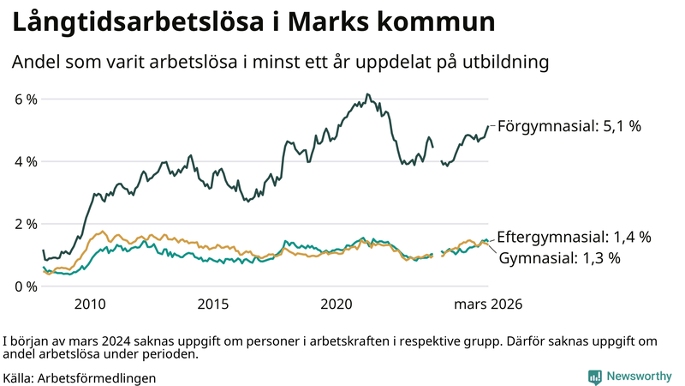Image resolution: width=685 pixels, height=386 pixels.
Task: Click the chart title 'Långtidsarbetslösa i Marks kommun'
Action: point(253,23)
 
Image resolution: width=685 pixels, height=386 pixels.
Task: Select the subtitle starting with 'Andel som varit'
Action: point(279,63)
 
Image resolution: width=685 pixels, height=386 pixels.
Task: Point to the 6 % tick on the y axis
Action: point(26,100)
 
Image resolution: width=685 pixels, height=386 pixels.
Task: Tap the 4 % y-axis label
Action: point(26,162)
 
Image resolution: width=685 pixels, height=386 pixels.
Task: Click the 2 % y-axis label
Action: point(26,224)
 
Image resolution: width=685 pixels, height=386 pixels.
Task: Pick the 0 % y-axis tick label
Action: point(26,286)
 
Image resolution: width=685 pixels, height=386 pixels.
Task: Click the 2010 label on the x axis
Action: point(90,305)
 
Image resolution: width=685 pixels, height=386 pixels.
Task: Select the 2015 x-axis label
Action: point(213,305)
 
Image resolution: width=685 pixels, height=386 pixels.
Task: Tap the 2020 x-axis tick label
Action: point(337,305)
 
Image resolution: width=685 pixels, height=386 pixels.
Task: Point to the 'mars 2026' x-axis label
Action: point(488,305)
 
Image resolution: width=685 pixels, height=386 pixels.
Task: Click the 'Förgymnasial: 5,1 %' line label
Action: point(569,126)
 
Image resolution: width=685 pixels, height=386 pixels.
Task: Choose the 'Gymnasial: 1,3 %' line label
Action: point(559,257)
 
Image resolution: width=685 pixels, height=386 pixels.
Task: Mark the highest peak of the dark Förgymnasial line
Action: point(367,94)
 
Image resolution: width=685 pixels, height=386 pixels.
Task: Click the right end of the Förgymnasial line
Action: point(488,126)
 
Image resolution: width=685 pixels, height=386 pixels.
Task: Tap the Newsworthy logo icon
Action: point(594,377)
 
